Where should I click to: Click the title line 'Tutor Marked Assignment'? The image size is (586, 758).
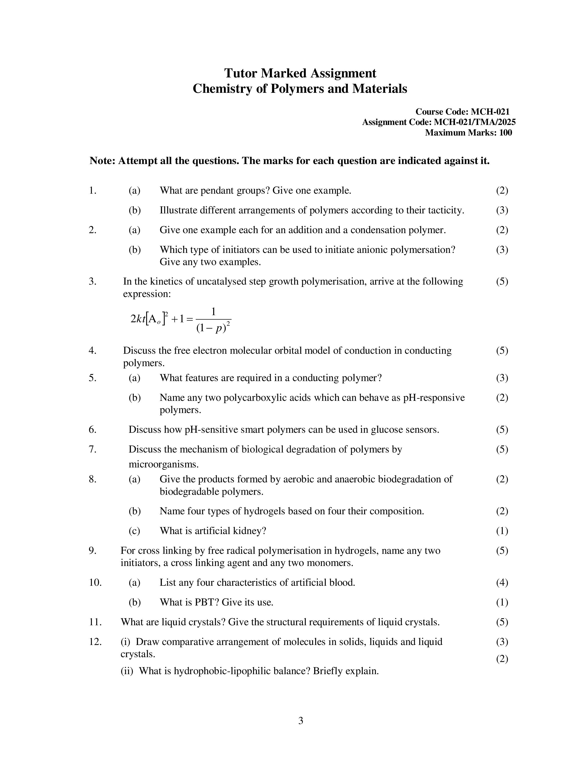pos(300,73)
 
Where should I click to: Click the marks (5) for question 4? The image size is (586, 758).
pos(502,350)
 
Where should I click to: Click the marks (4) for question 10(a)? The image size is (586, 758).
pos(502,582)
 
